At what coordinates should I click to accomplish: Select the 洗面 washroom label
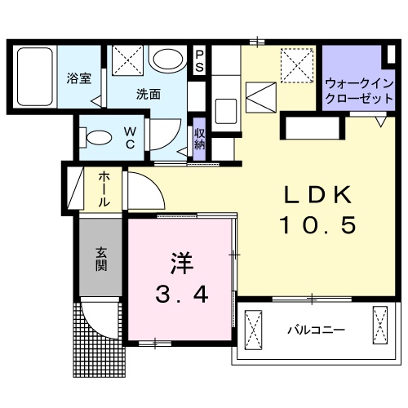click(x=148, y=93)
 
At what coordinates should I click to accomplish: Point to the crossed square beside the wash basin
click(x=127, y=61)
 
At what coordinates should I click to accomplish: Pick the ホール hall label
click(x=106, y=188)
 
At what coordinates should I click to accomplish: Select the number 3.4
click(x=181, y=294)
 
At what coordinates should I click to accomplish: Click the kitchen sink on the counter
click(x=225, y=107)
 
